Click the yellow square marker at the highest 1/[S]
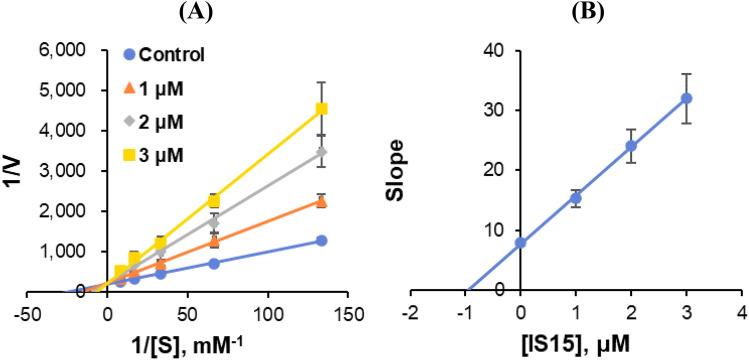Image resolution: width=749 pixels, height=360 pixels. (321, 108)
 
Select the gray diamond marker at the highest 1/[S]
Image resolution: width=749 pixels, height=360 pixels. (321, 152)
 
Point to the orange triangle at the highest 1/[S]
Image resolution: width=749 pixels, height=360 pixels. (321, 201)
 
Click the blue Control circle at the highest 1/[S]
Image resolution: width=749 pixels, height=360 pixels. (321, 240)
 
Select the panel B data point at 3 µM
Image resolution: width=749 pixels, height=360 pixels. (686, 98)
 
